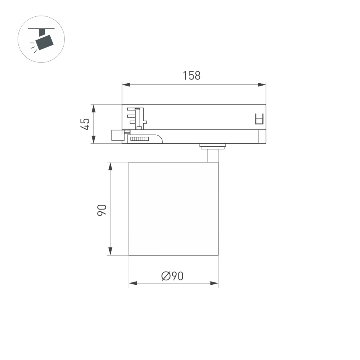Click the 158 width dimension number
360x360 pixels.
(x=192, y=75)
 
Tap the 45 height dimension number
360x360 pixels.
(x=84, y=124)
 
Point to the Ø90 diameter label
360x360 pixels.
(x=172, y=276)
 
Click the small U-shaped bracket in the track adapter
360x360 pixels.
(x=260, y=119)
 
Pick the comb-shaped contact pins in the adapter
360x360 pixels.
(x=136, y=117)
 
